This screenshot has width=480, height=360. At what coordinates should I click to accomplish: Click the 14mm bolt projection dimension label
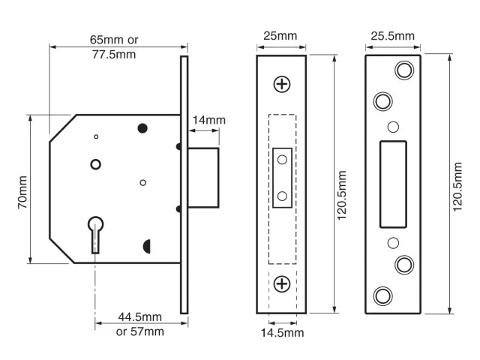click(x=209, y=120)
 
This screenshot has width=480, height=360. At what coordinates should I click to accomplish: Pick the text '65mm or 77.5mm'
click(x=113, y=46)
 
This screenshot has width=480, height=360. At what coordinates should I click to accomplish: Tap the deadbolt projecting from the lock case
click(x=203, y=177)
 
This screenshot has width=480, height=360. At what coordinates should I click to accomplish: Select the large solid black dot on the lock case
click(x=142, y=128)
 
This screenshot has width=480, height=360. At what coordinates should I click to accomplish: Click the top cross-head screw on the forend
click(x=282, y=84)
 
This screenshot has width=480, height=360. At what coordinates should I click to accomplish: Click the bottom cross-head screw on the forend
click(x=282, y=283)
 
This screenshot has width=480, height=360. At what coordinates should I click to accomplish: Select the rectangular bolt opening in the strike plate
click(x=393, y=184)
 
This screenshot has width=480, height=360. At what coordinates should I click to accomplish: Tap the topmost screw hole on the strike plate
click(x=405, y=70)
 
